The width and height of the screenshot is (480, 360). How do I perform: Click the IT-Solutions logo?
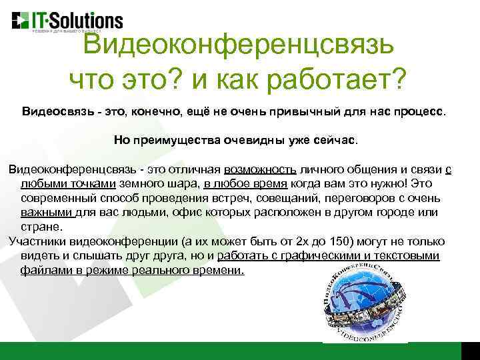[67, 19]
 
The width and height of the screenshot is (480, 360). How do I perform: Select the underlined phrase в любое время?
[246, 184]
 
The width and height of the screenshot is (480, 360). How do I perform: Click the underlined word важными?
[46, 213]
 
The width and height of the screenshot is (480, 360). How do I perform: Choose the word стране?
[37, 227]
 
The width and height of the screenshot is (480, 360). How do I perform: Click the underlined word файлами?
[43, 271]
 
